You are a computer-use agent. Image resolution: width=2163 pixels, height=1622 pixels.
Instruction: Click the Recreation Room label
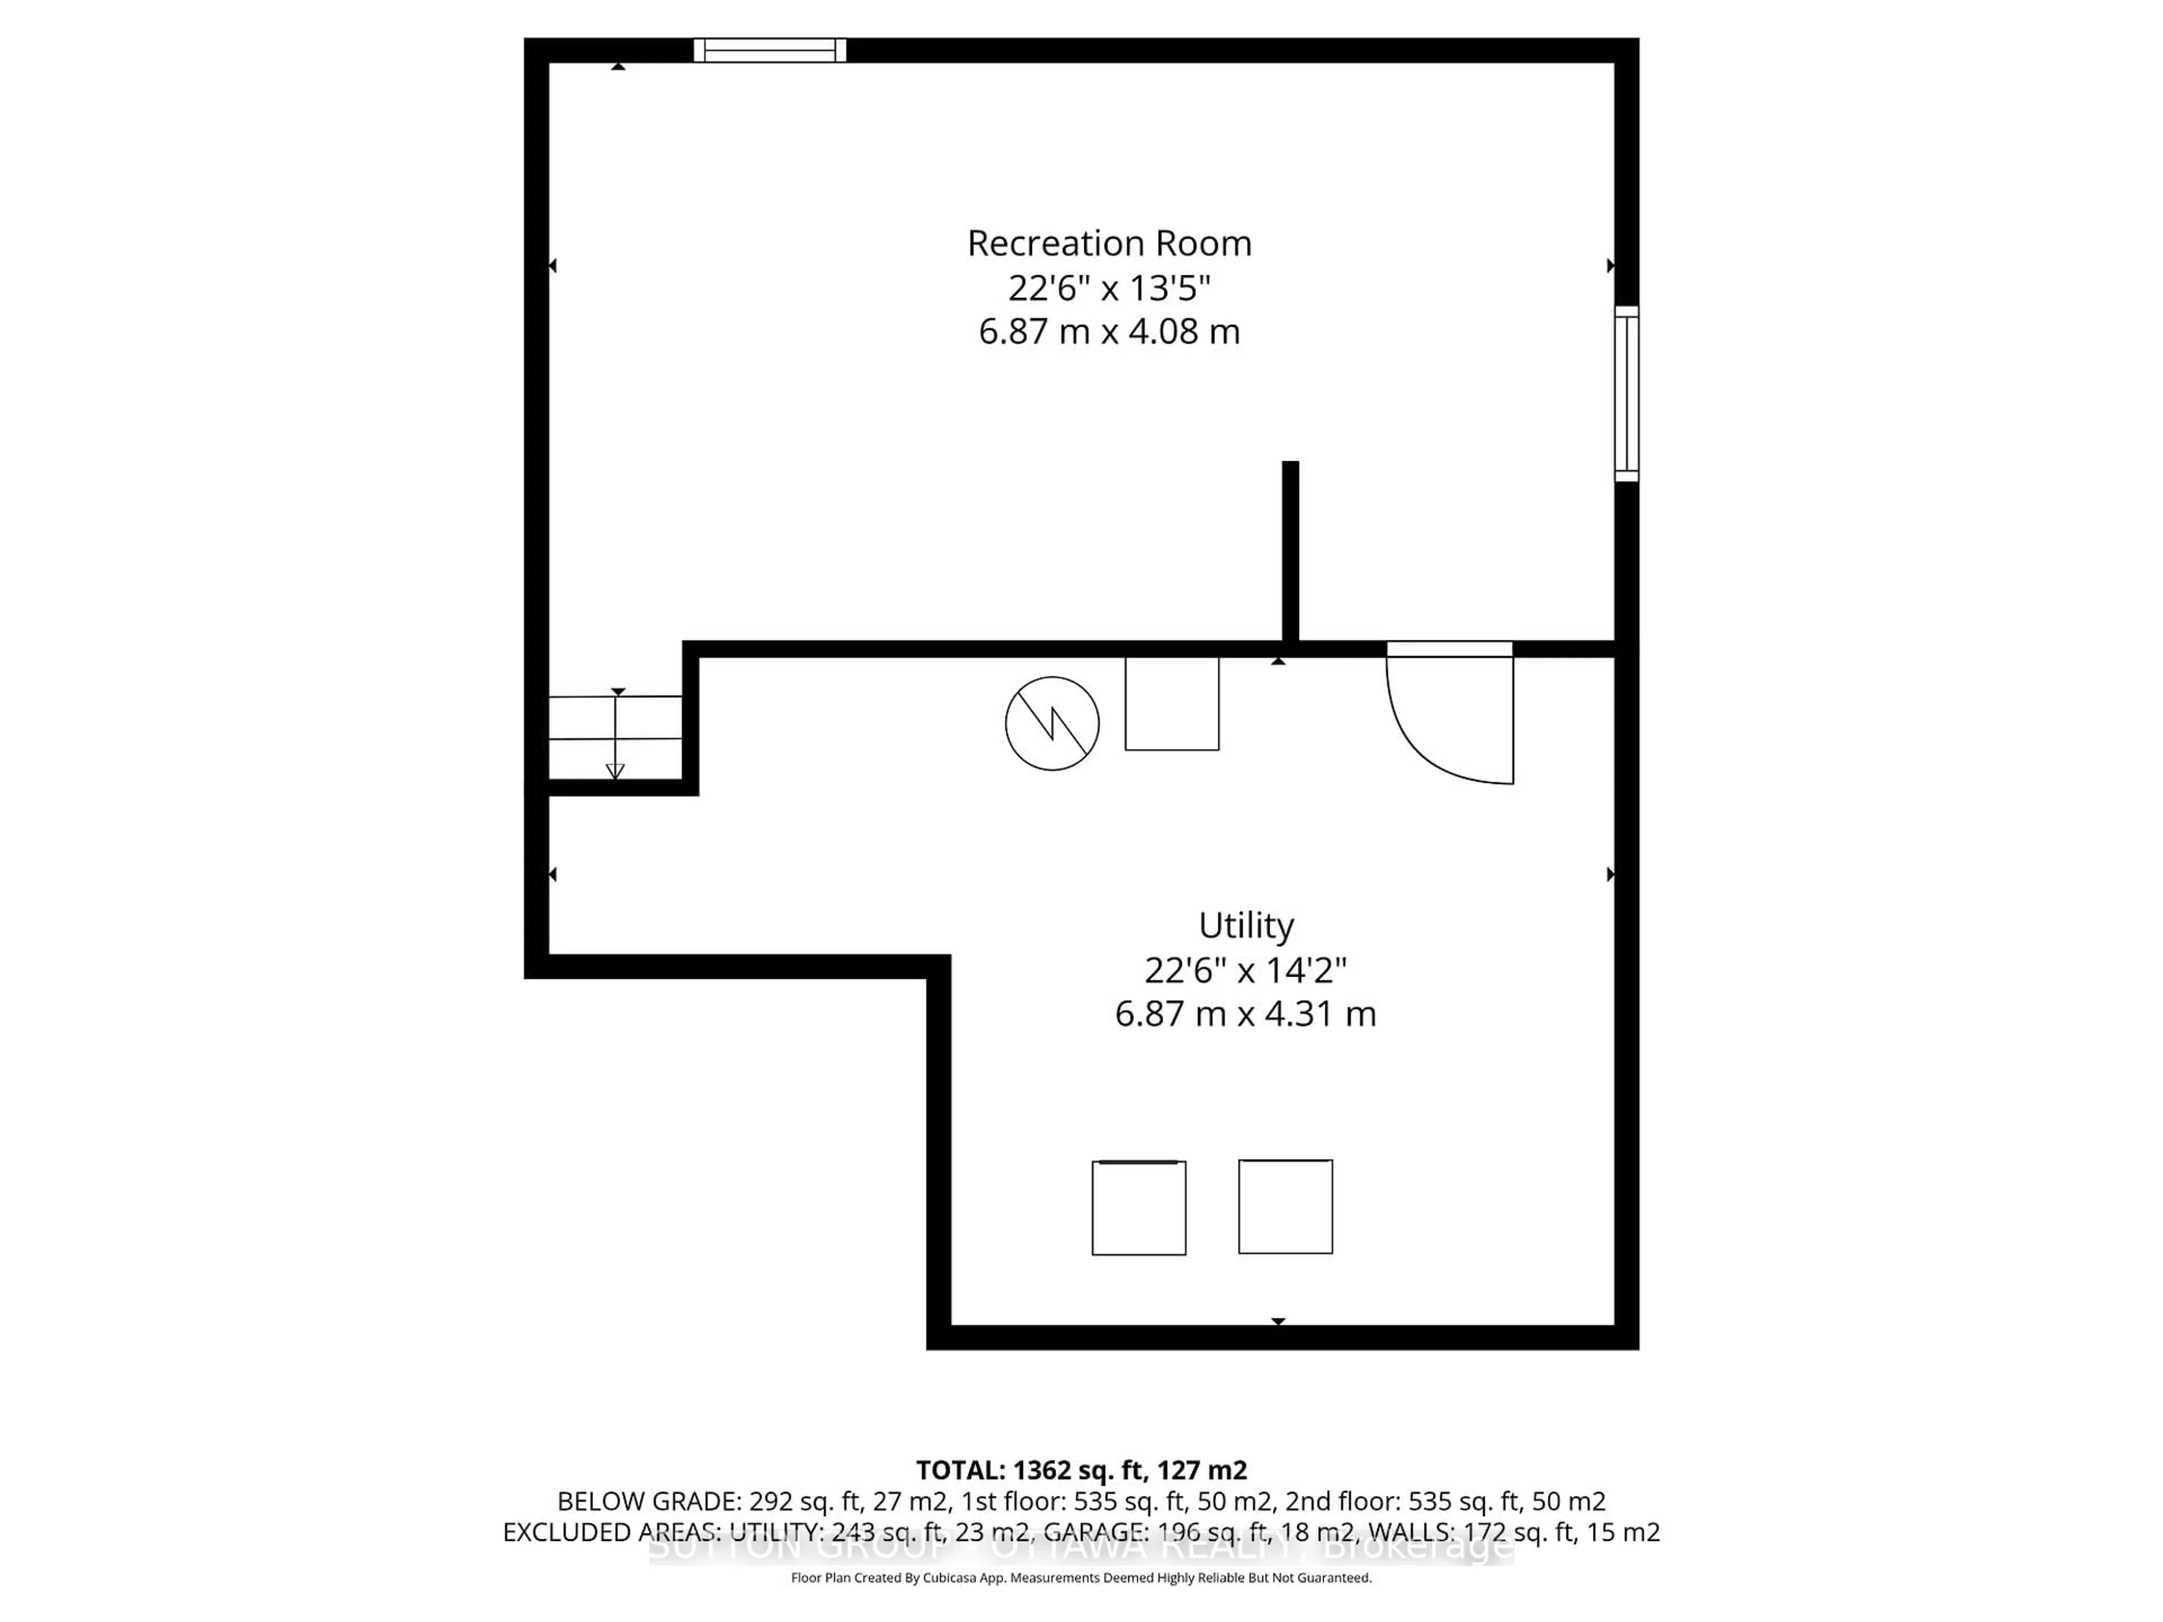[x=1109, y=243]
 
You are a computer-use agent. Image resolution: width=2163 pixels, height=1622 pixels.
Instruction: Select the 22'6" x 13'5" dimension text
[x=1109, y=288]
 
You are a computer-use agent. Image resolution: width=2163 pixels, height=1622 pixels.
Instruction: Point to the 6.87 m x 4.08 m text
[x=1109, y=331]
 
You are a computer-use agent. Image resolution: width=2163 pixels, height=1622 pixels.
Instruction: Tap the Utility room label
[x=1246, y=925]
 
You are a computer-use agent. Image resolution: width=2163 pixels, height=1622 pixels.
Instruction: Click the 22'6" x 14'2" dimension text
[x=1246, y=970]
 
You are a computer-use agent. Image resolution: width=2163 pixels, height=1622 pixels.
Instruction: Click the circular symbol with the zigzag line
[x=1052, y=724]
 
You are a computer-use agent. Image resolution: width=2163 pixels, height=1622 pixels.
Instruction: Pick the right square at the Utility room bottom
[x=1285, y=1206]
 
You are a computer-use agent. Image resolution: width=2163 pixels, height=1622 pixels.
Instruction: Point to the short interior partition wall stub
[x=1291, y=552]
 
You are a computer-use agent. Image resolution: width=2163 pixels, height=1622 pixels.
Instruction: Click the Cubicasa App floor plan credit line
[x=1080, y=1578]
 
